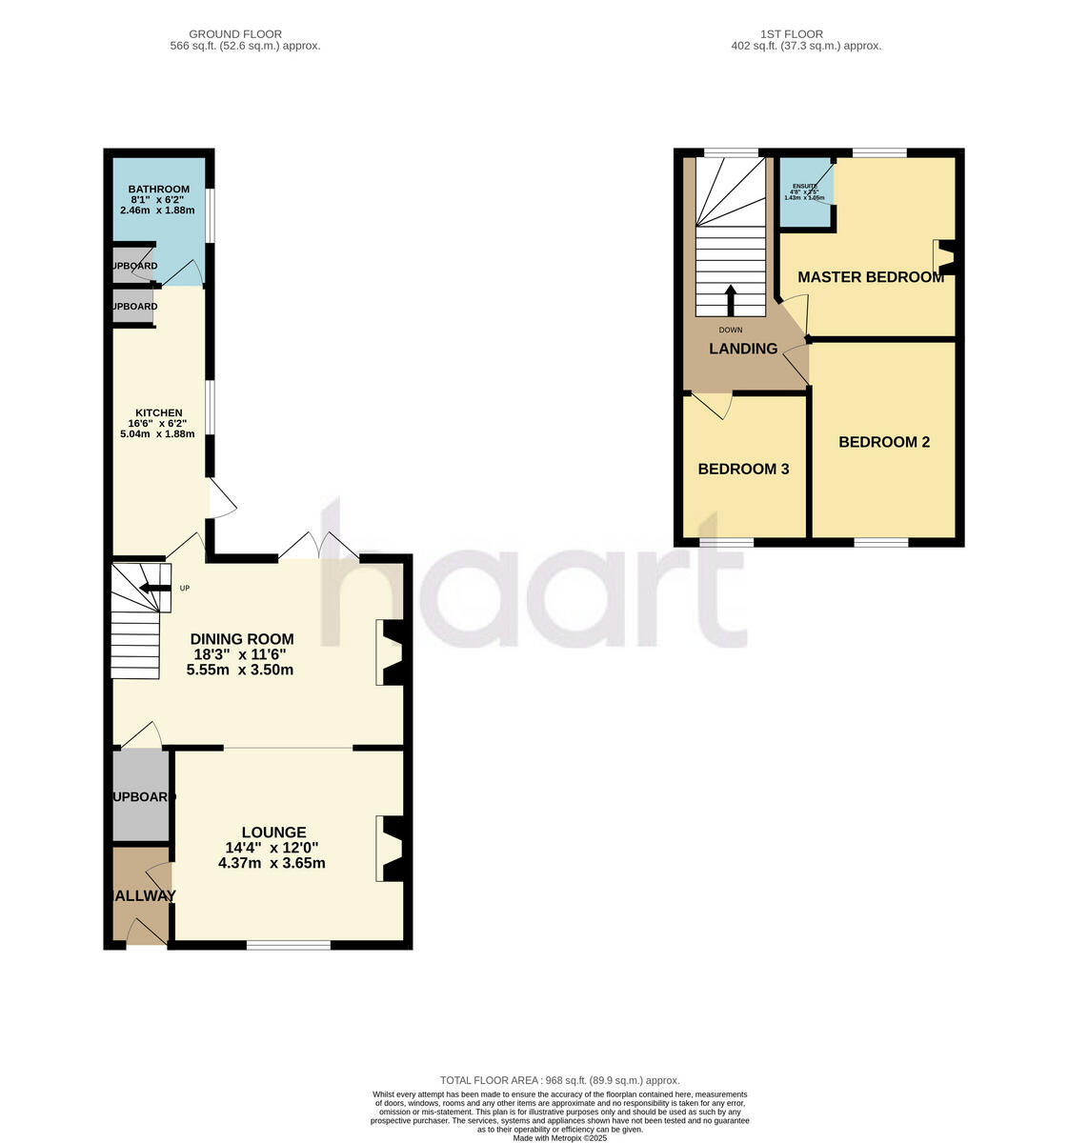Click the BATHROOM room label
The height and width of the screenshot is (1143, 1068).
coord(158,189)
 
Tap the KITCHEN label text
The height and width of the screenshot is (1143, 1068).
coord(158,413)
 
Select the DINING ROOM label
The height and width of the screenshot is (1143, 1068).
coord(242,639)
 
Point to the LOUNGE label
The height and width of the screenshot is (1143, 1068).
coord(272,832)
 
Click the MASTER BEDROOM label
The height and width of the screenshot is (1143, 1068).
coord(871,277)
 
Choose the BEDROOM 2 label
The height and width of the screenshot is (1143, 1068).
coord(883,442)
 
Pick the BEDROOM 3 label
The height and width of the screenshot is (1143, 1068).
coord(743,469)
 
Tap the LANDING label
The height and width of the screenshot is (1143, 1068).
coord(743,349)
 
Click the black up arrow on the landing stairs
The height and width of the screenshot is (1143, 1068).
coord(731,300)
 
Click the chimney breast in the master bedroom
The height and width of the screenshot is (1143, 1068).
coord(946,257)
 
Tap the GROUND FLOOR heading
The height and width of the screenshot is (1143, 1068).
coord(238,34)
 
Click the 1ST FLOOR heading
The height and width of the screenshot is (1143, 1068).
coord(805,34)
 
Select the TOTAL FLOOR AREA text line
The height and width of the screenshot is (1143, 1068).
coord(559,1080)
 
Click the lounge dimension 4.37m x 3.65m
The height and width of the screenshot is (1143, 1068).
coord(272,864)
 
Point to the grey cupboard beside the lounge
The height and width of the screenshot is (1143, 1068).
coord(140,796)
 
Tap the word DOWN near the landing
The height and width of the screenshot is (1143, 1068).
coord(731,330)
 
